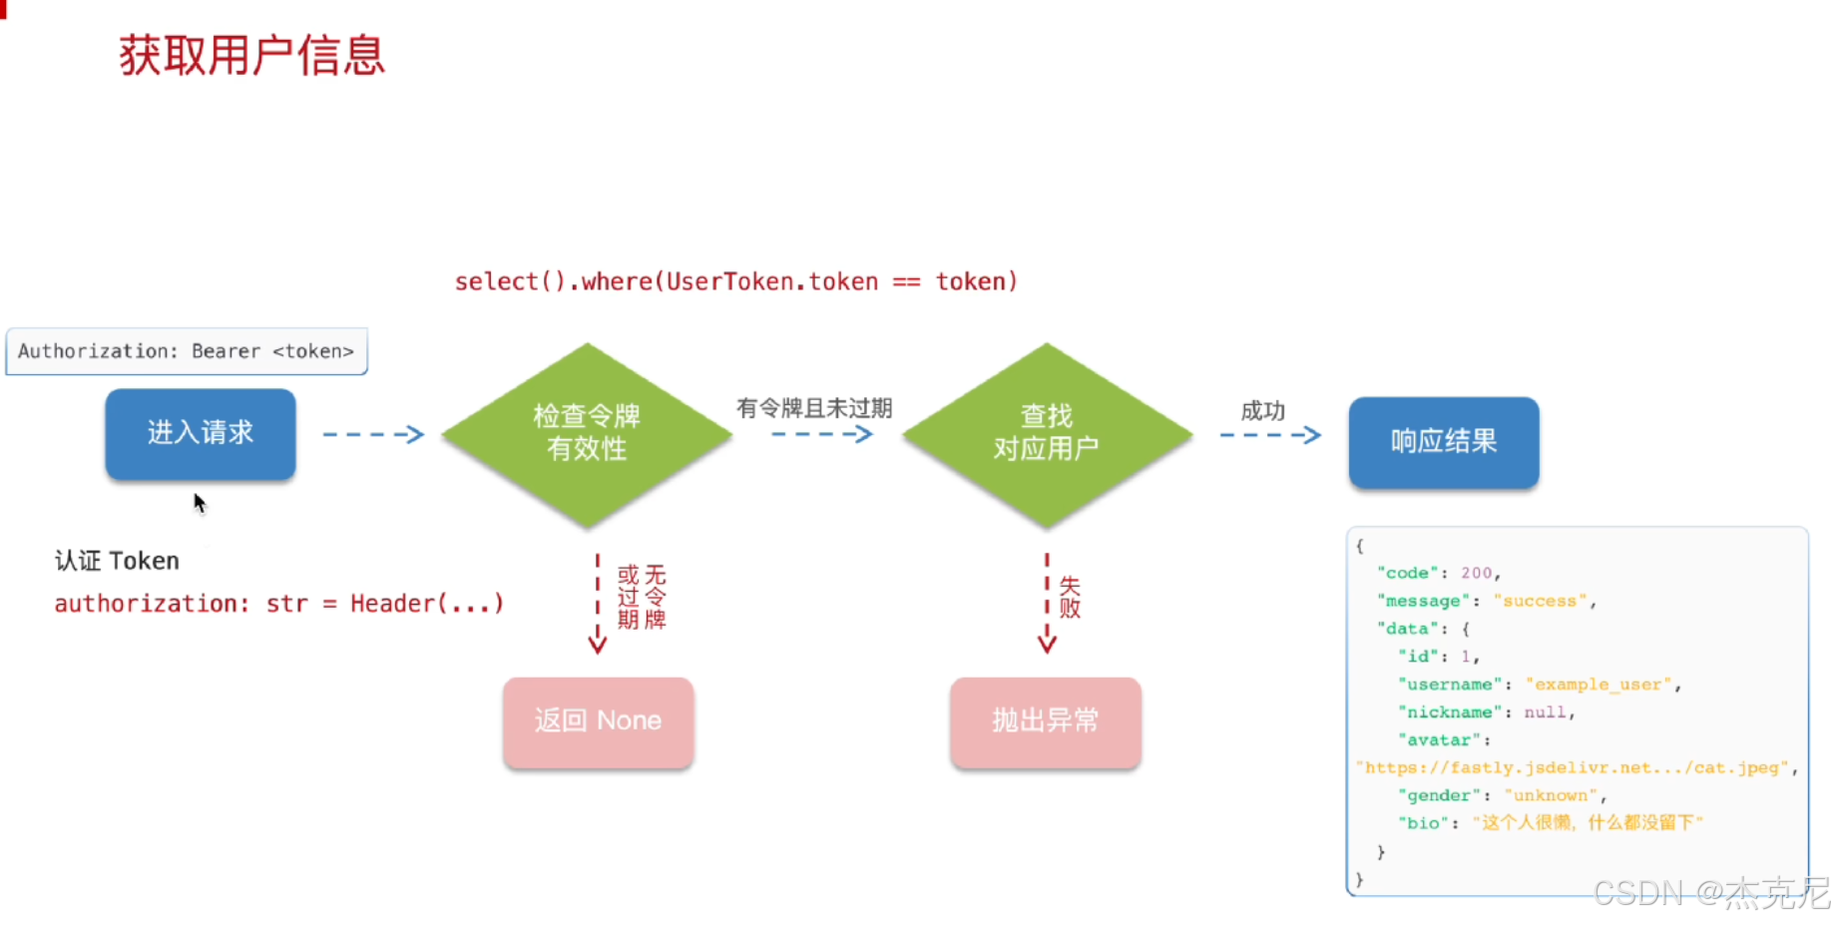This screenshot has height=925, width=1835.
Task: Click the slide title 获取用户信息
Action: pos(251,55)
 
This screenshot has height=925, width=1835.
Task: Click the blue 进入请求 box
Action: pos(201,434)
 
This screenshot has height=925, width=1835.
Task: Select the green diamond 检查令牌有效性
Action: pos(587,434)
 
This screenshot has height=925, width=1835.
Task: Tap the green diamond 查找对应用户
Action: pos(1047,434)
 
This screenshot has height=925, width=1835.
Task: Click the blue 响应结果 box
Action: pos(1444,442)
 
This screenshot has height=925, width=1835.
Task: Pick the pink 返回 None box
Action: pos(599,721)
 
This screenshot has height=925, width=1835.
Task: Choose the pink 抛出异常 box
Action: pos(1046,721)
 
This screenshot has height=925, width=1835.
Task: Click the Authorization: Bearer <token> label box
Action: pos(187,351)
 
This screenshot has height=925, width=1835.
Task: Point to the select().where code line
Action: pos(736,282)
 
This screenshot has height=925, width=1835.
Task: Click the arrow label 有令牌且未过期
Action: pos(814,408)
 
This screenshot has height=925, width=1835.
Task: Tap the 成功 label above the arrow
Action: pos(1263,411)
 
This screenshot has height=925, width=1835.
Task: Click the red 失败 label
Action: pos(1070,597)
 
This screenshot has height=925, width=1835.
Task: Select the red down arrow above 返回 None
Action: pos(598,604)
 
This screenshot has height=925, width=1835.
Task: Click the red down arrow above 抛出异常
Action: pos(1047,604)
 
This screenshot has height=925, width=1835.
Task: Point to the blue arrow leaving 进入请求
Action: pos(374,434)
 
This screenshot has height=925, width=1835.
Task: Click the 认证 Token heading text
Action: pos(117,561)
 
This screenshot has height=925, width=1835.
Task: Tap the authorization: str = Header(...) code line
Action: pos(279,604)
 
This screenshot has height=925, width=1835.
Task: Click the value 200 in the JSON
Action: pos(1476,573)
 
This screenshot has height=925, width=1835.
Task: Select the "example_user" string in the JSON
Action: pos(1599,685)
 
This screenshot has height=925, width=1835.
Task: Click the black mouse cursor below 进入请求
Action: pos(200,503)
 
